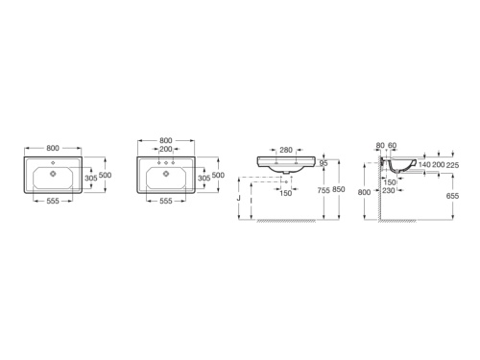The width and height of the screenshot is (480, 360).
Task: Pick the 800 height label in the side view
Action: [364, 192]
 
